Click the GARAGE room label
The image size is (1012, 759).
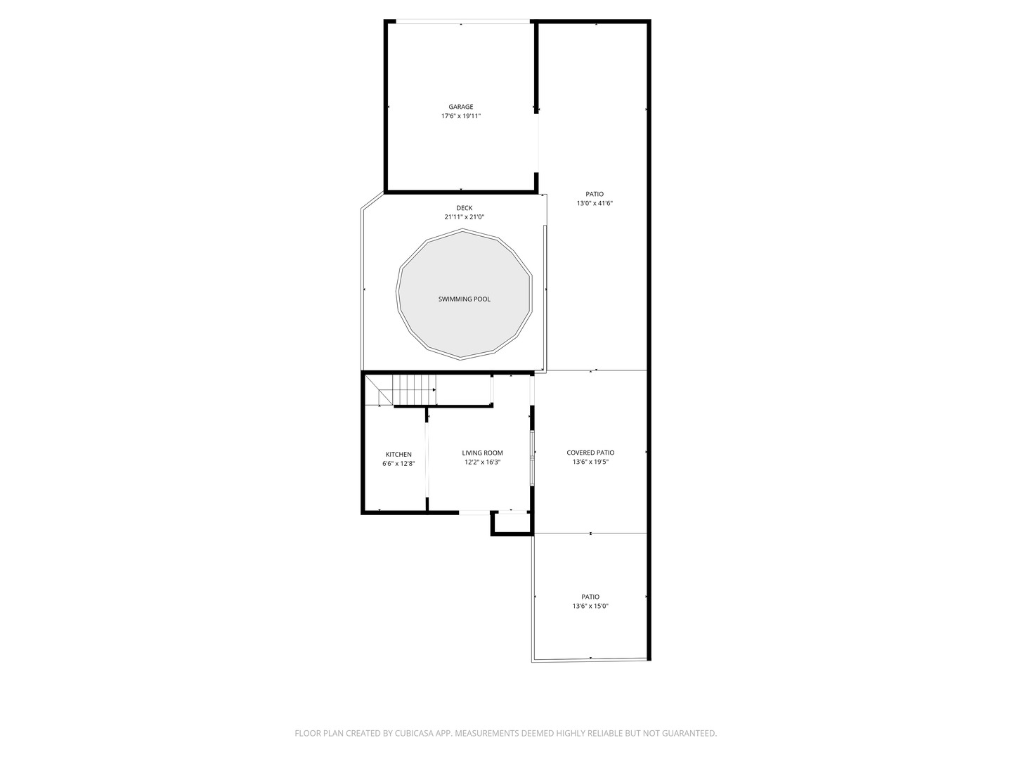461,107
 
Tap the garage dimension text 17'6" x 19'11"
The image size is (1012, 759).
461,116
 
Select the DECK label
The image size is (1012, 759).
464,208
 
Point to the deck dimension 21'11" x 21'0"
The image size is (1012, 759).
464,217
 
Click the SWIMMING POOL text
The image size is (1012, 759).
465,299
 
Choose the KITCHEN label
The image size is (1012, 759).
398,455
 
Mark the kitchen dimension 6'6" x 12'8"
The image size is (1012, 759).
398,464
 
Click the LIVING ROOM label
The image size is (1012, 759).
482,453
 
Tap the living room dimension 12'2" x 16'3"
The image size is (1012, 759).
482,462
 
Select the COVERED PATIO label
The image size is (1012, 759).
590,453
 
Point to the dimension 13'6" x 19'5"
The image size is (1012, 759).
590,462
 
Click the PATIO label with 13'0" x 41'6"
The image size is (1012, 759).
595,195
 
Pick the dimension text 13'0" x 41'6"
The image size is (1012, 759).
595,204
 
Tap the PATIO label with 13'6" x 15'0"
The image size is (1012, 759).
590,597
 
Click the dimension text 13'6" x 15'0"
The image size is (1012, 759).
590,606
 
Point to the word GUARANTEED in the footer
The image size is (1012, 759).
688,734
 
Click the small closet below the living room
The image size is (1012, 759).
512,524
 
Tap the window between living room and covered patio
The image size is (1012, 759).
533,458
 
